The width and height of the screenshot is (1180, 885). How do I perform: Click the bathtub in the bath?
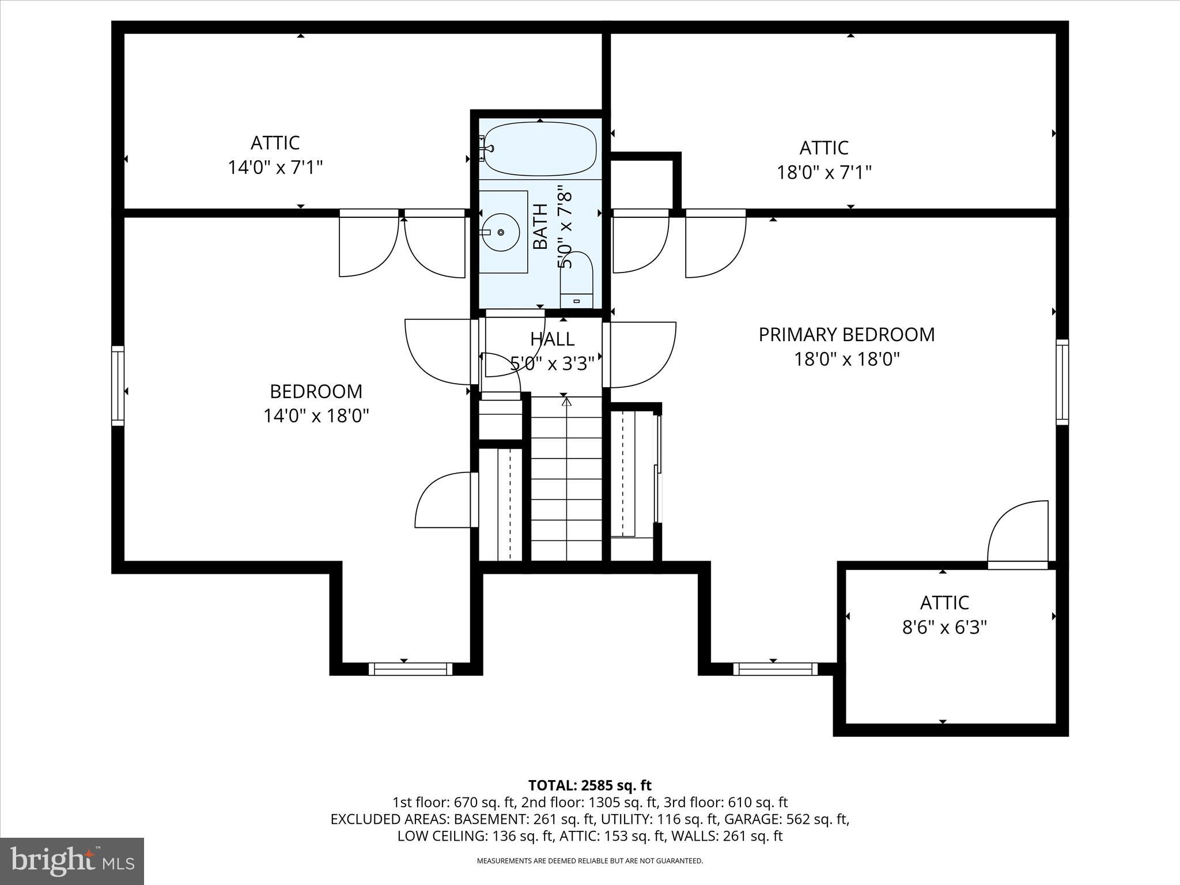pos(539,149)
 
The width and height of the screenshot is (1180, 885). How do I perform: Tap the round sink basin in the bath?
pos(500,232)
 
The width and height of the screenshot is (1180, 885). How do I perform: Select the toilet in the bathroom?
pos(577,280)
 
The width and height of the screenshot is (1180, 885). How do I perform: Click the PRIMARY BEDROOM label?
pos(846,335)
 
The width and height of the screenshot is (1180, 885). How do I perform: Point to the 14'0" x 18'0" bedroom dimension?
pos(316,416)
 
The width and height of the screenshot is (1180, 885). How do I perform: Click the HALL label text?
pos(552,339)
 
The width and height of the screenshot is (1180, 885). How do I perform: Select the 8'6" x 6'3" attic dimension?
pos(944,627)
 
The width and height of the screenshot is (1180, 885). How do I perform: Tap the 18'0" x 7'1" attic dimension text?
pos(823,172)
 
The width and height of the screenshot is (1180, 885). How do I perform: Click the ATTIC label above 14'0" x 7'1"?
pos(275,143)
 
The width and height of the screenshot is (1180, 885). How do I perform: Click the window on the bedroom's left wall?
pos(118,385)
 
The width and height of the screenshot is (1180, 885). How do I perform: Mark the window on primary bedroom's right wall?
pos(1062,382)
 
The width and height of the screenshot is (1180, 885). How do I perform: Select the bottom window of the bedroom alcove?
pos(410,669)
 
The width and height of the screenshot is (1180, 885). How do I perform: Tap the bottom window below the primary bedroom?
pos(775,669)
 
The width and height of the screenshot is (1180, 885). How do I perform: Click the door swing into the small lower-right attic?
pos(1017,533)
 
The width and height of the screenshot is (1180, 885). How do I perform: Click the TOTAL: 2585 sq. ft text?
pos(589,785)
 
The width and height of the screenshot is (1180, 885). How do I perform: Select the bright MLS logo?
pos(72,861)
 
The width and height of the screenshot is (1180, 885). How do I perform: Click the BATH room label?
pos(540,226)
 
